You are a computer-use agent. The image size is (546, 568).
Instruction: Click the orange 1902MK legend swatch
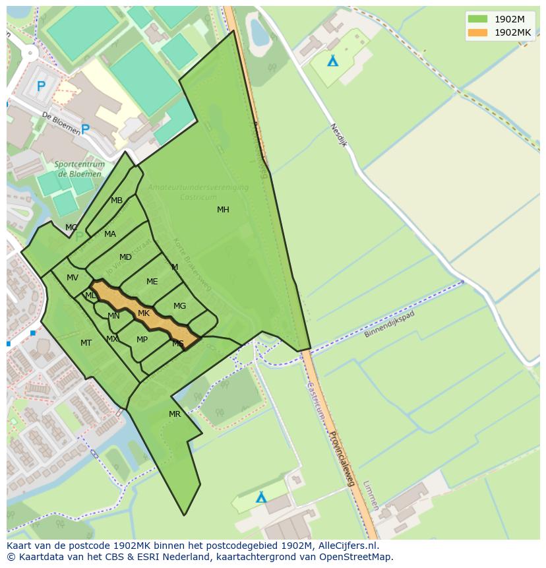477,32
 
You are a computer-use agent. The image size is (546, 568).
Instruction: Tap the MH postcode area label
223,210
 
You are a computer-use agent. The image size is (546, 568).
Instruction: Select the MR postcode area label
174,414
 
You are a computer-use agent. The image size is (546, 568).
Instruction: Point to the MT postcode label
86,343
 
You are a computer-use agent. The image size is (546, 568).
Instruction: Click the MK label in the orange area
144,313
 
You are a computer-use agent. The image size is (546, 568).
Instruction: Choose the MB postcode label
116,201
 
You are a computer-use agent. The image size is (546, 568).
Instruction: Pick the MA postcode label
109,234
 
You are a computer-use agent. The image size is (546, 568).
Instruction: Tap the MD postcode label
125,257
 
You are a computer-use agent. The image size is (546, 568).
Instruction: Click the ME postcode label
152,282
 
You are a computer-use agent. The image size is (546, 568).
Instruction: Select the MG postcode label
179,306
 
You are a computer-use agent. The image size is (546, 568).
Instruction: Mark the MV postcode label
73,278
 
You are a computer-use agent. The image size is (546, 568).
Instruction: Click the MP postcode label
142,340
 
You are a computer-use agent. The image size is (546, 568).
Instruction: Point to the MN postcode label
113,316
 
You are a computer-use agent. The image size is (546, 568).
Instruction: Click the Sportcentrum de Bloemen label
78,170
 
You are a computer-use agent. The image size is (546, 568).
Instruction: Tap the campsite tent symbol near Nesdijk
333,61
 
